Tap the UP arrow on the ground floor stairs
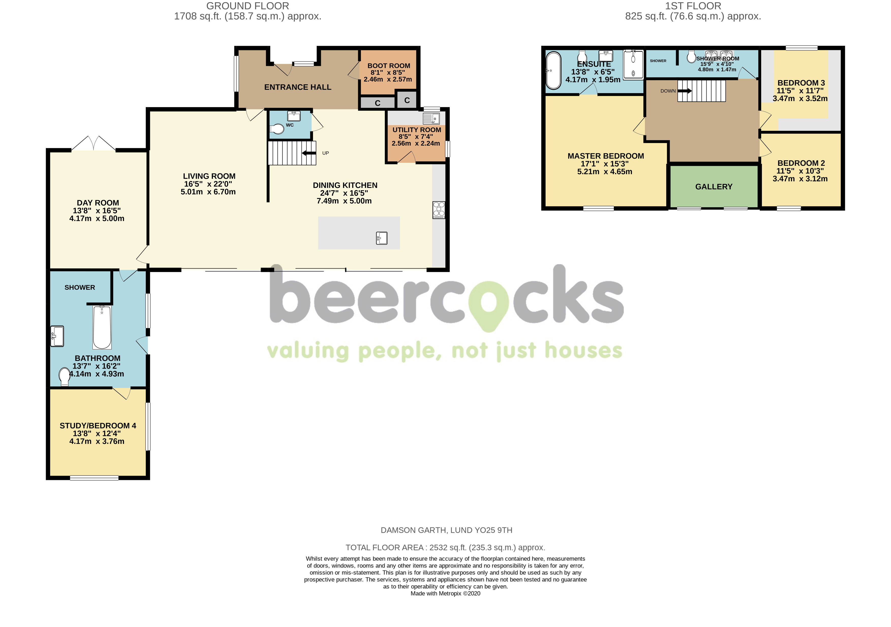309,153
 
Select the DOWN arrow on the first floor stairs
684,91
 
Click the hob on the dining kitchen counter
439,210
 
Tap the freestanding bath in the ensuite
553,70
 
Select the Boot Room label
388,66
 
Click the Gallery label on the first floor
714,187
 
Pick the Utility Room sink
431,118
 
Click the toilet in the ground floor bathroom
65,376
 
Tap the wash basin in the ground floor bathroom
57,336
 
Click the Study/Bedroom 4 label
98,426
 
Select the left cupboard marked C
377,103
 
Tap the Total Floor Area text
445,548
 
